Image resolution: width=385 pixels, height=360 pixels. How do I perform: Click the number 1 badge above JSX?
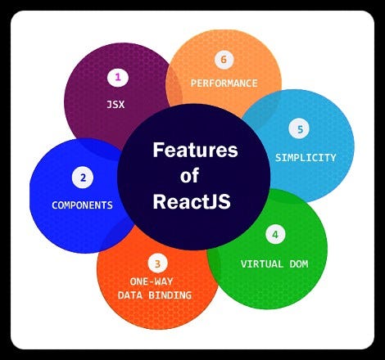click(x=118, y=78)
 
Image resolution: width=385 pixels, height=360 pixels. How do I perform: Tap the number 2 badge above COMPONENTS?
click(x=82, y=177)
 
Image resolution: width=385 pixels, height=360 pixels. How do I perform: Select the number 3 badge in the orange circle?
click(x=157, y=263)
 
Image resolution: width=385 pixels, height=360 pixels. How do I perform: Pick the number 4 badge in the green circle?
click(x=274, y=235)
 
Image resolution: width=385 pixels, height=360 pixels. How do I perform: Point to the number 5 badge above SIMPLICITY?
click(x=300, y=129)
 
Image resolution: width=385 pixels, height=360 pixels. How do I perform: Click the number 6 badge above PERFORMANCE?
click(x=223, y=60)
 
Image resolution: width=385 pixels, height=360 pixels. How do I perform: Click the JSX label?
click(x=115, y=105)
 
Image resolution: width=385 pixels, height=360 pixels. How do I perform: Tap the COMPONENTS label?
click(x=82, y=205)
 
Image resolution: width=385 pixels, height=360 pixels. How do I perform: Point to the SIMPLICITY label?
click(x=305, y=157)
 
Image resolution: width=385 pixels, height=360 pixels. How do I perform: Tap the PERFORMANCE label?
click(x=224, y=83)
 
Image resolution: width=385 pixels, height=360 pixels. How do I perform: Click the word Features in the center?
click(x=194, y=151)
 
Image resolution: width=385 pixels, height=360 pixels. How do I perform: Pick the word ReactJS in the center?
click(x=194, y=201)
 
